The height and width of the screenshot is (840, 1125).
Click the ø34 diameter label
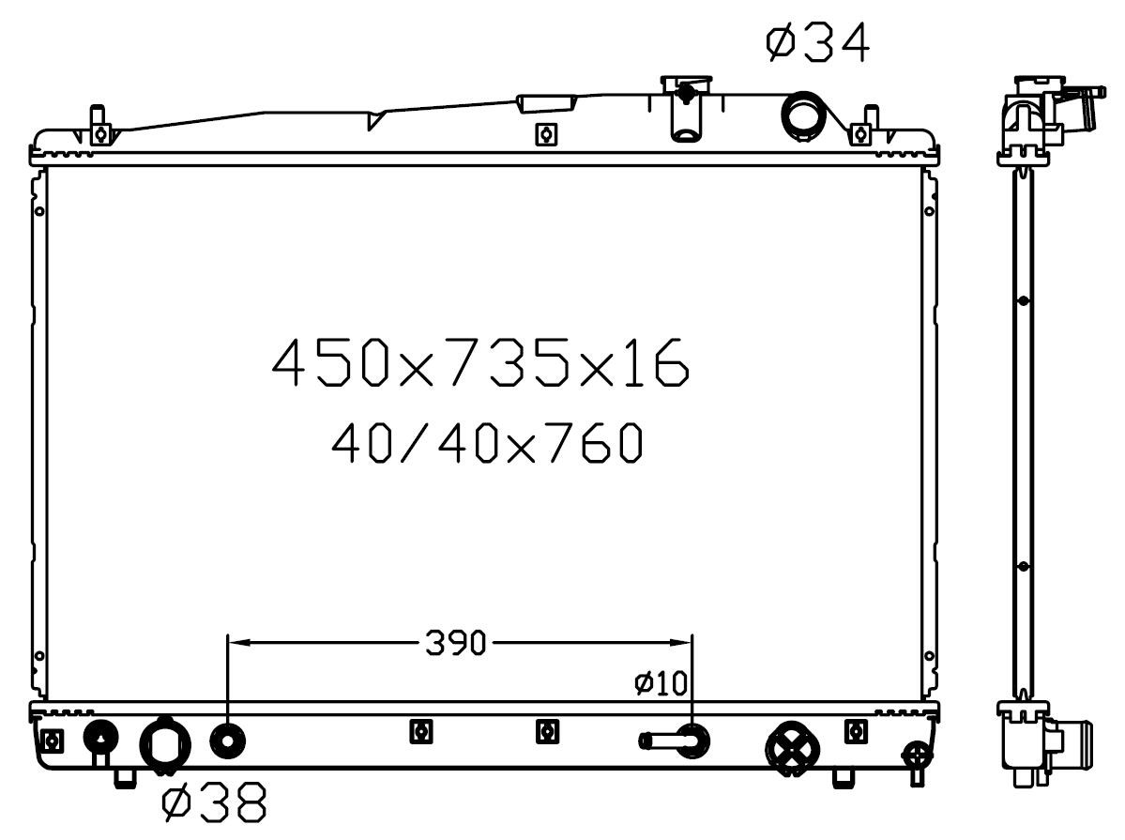(x=817, y=42)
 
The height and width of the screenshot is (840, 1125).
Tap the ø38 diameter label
(x=215, y=802)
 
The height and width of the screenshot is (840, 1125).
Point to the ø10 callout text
(x=661, y=682)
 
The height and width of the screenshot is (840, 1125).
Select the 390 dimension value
(x=456, y=643)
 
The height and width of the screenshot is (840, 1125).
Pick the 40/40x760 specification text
(x=486, y=442)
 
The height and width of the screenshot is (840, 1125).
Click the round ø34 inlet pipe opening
(x=803, y=115)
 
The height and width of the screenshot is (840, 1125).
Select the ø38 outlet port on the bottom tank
(x=165, y=747)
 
